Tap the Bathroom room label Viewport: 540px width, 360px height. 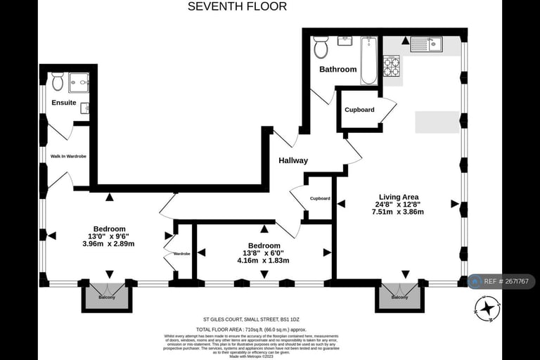pos(338,70)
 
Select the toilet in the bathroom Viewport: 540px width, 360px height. pos(321,47)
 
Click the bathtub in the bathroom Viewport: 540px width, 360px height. pos(368,61)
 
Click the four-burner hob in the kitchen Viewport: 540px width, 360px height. pos(391,66)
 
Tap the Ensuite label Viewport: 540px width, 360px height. pos(64,103)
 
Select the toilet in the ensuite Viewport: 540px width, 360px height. pos(58,82)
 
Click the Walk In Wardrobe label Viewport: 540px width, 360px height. pos(68,156)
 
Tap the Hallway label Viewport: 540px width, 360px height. pos(293,160)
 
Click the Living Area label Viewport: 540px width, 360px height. pos(399,196)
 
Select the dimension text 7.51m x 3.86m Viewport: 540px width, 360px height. pos(398,212)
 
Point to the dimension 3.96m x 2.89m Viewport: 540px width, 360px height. pos(108,244)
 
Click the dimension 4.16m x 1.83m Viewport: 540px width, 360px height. pos(264,260)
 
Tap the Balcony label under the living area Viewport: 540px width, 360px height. pos(399,297)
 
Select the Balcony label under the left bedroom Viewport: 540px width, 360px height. pos(107,297)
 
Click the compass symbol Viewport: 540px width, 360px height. pos(487,308)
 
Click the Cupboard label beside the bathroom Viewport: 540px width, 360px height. pos(359,110)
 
